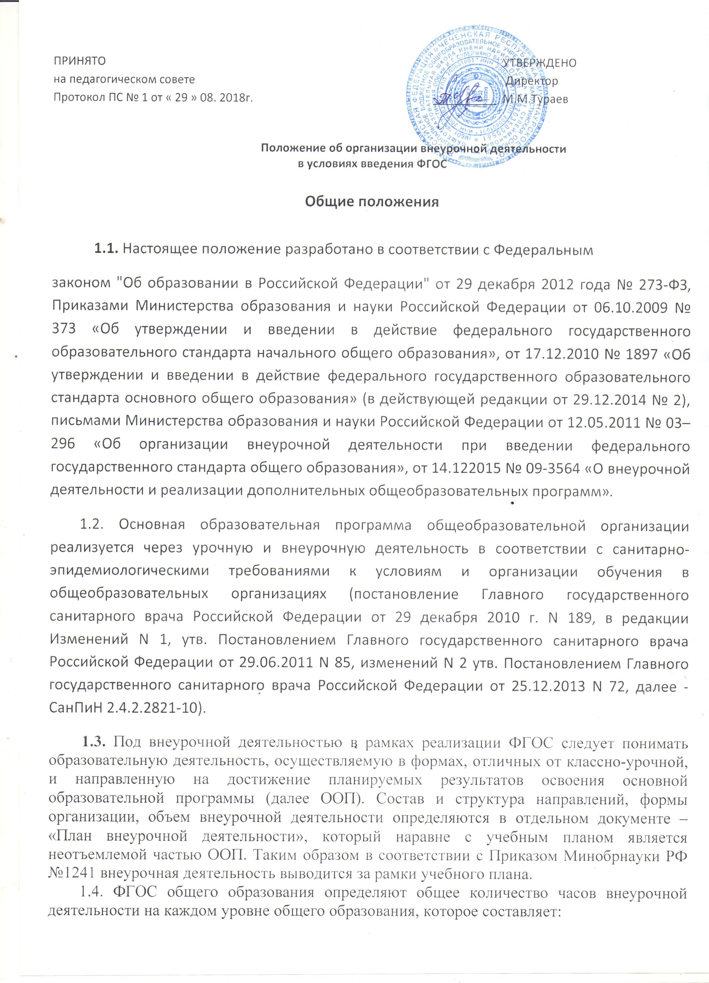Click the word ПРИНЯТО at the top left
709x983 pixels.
click(x=79, y=61)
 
